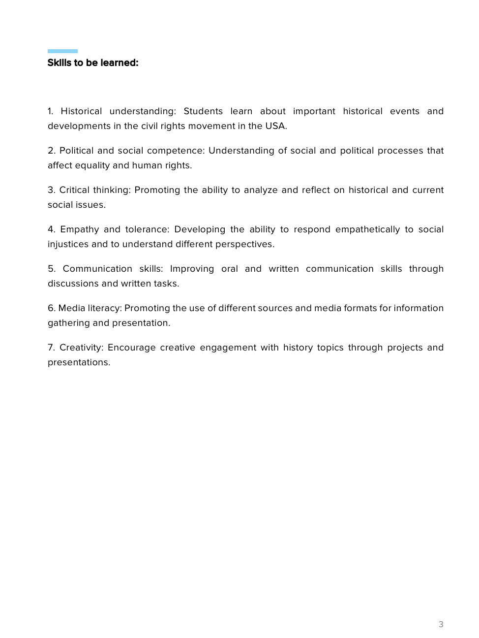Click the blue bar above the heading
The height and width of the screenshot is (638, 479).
coord(62,51)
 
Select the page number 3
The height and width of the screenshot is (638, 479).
coord(441,624)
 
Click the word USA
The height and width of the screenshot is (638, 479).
coord(276,126)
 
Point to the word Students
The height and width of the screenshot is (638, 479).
coord(203,111)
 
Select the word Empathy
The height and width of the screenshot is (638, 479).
coord(79,229)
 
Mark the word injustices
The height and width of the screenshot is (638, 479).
coord(68,244)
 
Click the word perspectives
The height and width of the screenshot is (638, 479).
coord(244,244)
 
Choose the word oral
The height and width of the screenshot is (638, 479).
coord(230,269)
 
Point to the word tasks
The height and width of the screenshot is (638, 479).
coord(167,284)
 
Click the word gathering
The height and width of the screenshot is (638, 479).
coord(68,323)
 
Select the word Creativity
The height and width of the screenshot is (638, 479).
coord(81,348)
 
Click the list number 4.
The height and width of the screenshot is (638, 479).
coord(51,229)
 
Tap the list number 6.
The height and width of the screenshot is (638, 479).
coord(51,308)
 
